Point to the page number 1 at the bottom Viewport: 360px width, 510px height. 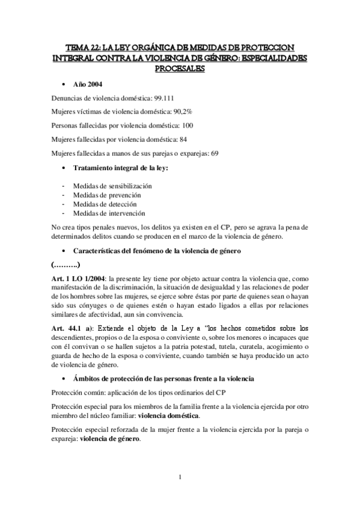(180, 478)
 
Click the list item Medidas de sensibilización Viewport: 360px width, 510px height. (112, 186)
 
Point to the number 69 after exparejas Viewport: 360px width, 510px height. (215, 153)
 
